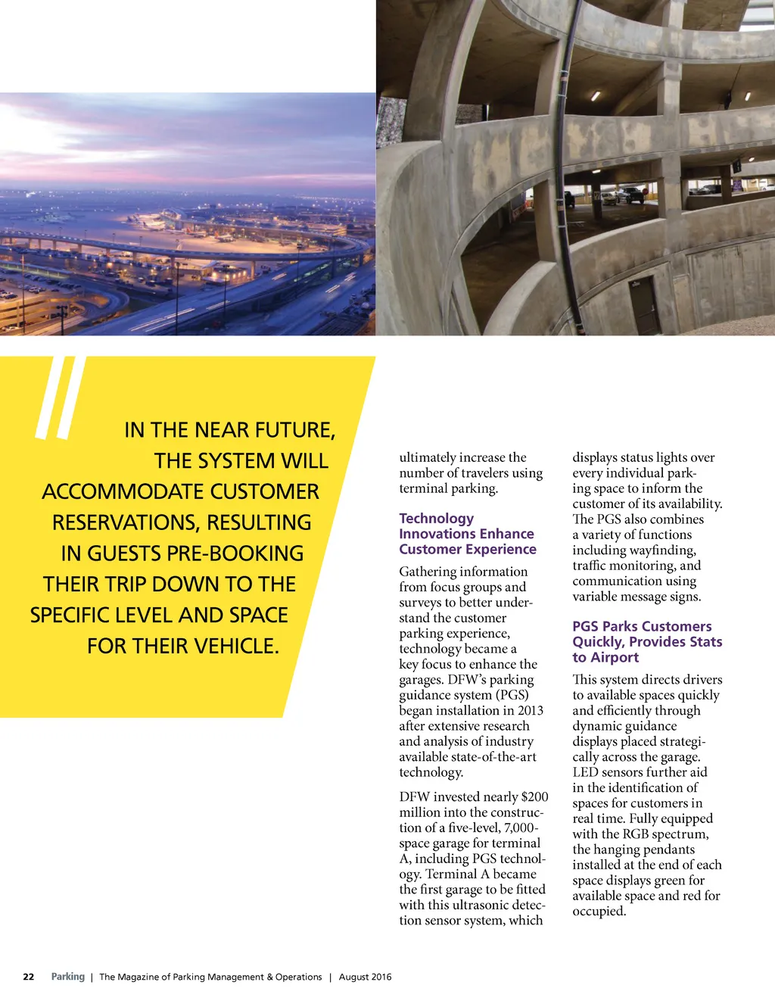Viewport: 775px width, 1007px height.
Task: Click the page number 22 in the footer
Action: [x=29, y=977]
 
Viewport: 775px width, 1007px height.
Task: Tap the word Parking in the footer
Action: [x=68, y=977]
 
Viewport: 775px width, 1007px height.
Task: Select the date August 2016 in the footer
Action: [x=365, y=977]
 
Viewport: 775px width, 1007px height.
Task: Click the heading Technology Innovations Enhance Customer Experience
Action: [x=467, y=534]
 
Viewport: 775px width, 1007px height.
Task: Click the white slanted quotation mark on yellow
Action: [x=58, y=397]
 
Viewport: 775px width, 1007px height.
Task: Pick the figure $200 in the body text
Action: [x=534, y=797]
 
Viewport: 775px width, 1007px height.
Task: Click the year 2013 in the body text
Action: [x=530, y=710]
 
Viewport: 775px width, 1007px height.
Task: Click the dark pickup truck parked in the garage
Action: [x=630, y=195]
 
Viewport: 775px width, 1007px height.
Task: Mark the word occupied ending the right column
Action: [x=599, y=911]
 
